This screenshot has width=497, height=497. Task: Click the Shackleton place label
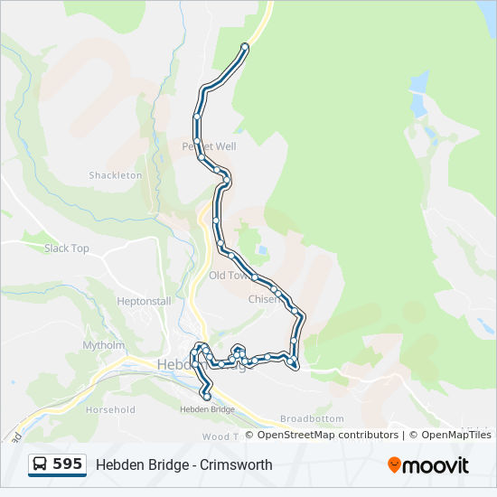[x=116, y=175]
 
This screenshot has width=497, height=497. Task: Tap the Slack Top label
[x=67, y=248]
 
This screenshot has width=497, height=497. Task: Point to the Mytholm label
[x=104, y=345]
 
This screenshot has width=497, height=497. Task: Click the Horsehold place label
[x=110, y=409]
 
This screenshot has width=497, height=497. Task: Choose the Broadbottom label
[x=312, y=419]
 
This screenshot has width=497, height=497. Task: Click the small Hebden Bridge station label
[x=207, y=409]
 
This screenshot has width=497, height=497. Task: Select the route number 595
[x=68, y=464]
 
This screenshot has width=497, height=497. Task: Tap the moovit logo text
[x=436, y=465]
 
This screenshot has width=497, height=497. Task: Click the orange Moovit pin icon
[x=394, y=464]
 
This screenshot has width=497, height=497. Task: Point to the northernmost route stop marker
[x=245, y=46]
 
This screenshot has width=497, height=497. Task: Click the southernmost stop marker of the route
[x=207, y=396]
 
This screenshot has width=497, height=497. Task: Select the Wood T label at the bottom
[x=219, y=436]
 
